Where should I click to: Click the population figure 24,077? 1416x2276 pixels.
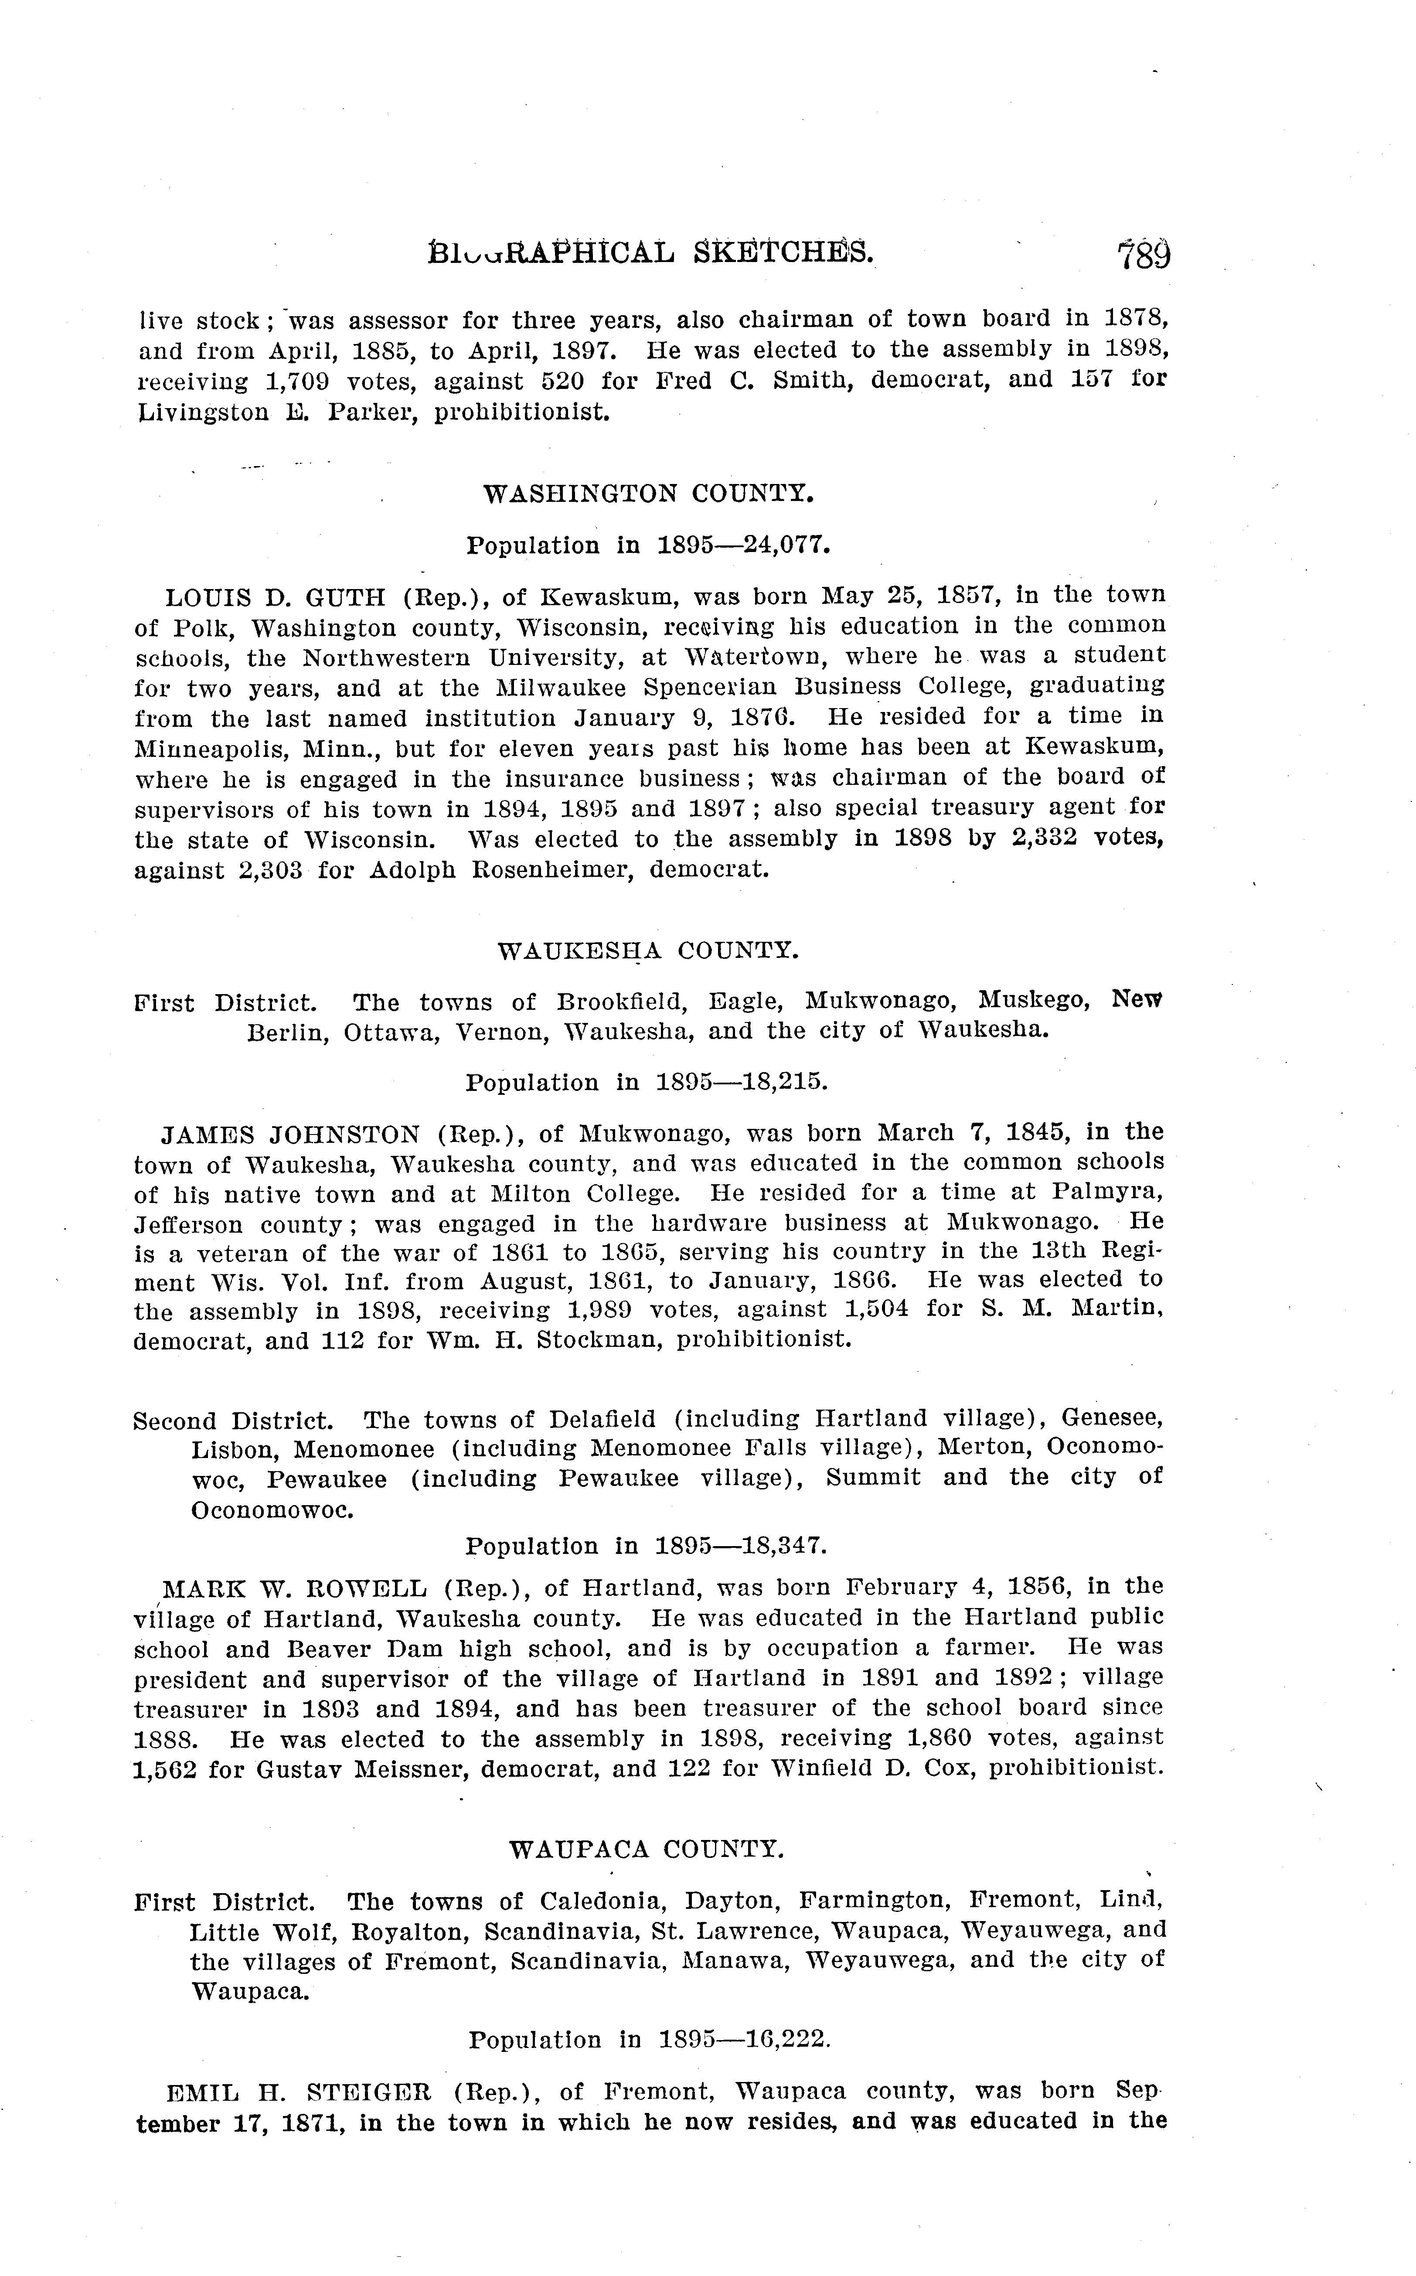pyautogui.click(x=786, y=545)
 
